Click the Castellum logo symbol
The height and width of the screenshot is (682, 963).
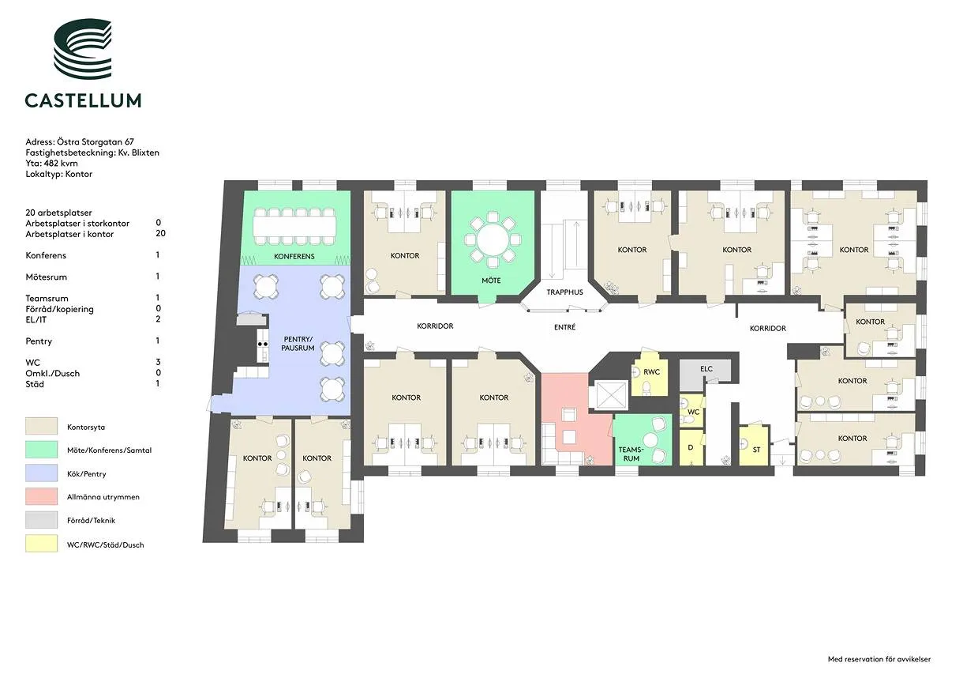83,48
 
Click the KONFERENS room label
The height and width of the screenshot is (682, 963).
294,257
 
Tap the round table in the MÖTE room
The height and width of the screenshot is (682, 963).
493,239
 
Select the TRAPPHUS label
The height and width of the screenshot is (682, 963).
564,292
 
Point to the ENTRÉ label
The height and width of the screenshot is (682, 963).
564,327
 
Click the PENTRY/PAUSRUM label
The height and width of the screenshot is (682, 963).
298,344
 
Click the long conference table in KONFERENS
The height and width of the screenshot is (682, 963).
294,227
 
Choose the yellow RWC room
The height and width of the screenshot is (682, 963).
649,375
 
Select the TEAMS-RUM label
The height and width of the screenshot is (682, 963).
631,454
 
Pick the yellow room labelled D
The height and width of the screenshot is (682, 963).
691,447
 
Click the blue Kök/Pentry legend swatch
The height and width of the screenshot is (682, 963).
41,473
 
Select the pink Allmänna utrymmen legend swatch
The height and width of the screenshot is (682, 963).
41,496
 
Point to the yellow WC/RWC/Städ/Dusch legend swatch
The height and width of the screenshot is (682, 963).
41,544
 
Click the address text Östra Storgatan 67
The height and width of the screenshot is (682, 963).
96,141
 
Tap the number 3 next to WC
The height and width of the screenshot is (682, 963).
158,362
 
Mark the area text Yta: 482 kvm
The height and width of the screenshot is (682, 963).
51,163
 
